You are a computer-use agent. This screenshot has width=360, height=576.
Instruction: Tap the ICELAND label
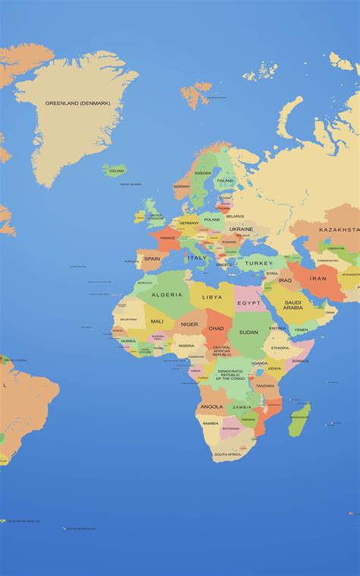[x=116, y=171]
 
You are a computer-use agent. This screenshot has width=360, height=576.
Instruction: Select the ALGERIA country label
[x=167, y=295]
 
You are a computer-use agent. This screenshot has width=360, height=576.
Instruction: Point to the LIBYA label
[x=213, y=297]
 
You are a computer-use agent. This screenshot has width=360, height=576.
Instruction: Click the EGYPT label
[x=248, y=303]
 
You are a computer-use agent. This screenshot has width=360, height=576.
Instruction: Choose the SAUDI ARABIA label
[x=293, y=305]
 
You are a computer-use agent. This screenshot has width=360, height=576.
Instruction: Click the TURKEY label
[x=259, y=263]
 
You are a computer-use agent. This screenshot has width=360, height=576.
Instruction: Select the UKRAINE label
[x=242, y=229]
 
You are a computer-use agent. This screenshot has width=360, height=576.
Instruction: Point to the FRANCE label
[x=167, y=238]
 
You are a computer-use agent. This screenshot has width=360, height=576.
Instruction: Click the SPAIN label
[x=152, y=258]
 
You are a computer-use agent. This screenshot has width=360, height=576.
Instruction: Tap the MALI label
[x=156, y=321]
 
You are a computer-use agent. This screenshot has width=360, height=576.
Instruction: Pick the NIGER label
[x=189, y=324]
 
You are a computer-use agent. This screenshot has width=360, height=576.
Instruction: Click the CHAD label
[x=216, y=328]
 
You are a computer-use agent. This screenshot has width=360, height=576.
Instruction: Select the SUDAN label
[x=248, y=332]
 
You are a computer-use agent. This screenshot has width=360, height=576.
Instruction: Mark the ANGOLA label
[x=211, y=407]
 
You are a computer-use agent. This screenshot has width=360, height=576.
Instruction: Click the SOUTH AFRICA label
[x=227, y=454]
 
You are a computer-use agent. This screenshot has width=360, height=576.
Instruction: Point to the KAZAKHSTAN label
[x=339, y=229]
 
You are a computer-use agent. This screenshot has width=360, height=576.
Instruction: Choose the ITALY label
[x=197, y=258]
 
